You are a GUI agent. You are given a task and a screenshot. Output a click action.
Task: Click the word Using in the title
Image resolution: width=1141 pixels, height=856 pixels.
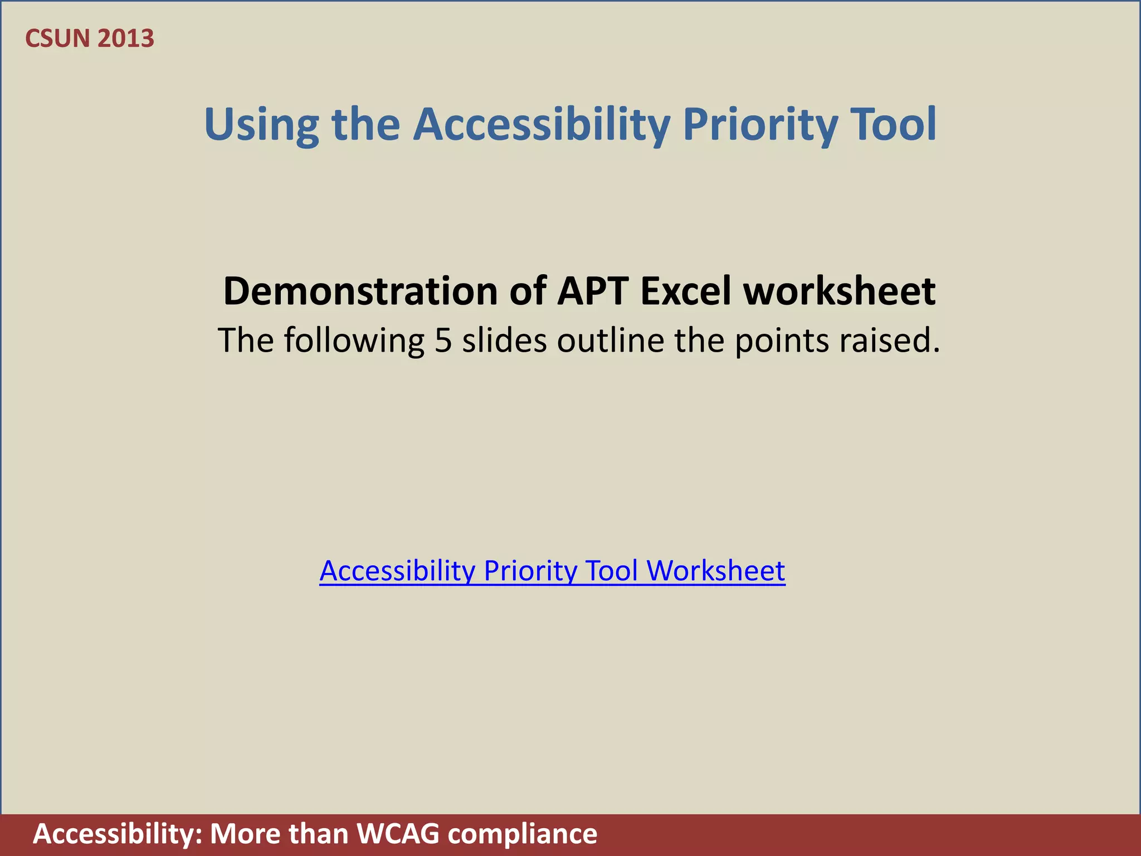pyautogui.click(x=261, y=125)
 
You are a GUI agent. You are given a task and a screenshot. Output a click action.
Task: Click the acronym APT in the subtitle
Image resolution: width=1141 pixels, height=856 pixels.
pyautogui.click(x=593, y=291)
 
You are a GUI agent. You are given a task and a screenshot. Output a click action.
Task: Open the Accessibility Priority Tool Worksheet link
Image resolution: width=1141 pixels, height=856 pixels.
pyautogui.click(x=552, y=571)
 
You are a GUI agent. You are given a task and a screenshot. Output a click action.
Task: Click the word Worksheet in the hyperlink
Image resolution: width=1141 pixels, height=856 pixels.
pyautogui.click(x=715, y=571)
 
